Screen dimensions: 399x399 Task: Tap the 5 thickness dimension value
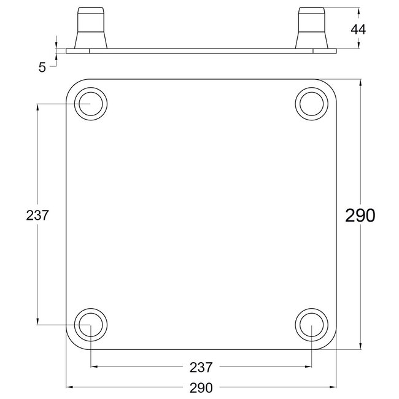tap(42, 68)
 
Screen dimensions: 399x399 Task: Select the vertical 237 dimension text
tap(37, 215)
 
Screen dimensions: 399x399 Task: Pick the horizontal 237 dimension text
tap(201, 367)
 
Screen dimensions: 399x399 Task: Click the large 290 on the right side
tap(360, 215)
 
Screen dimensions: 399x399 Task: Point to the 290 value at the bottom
tap(201, 388)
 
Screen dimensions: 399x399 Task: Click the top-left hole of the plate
tap(91, 104)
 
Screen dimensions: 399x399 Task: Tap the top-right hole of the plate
tap(311, 104)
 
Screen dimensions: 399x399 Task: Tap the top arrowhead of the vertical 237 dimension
tap(38, 108)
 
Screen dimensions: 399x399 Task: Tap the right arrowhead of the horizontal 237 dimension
tap(308, 367)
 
